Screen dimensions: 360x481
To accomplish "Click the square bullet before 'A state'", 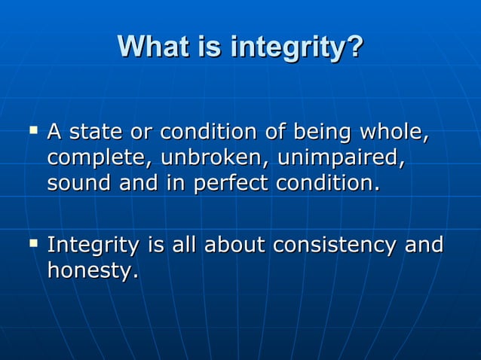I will [32, 131].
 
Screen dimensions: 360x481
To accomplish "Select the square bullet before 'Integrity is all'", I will [32, 243].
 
